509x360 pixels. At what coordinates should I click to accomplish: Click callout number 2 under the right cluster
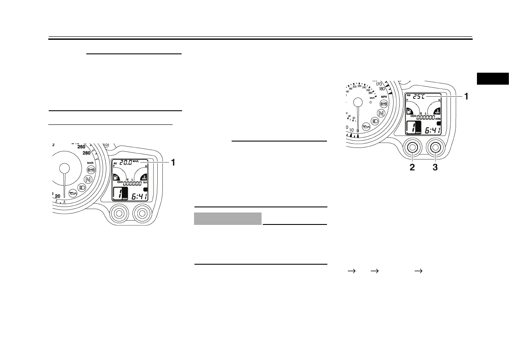click(412, 167)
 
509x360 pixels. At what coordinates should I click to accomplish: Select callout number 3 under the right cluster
click(435, 167)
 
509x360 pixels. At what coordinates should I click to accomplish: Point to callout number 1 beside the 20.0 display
click(173, 162)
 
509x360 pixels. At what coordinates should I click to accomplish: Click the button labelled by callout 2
click(412, 148)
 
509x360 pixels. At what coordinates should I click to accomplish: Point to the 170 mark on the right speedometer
click(379, 84)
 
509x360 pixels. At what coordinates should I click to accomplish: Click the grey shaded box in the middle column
click(228, 218)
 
